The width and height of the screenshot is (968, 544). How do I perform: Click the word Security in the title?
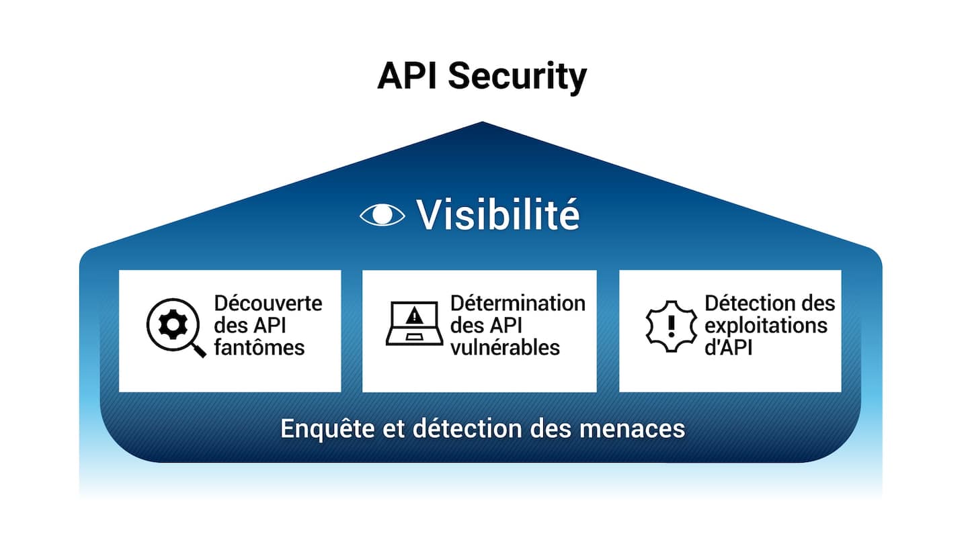click(517, 76)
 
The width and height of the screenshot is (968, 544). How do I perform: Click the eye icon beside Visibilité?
click(382, 214)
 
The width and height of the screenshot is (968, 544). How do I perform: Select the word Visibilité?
click(497, 214)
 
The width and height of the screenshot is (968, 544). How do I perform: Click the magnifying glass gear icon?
click(174, 326)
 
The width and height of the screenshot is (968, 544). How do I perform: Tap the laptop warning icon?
click(415, 324)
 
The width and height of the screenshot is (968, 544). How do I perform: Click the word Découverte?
click(268, 303)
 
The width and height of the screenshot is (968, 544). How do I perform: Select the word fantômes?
click(259, 347)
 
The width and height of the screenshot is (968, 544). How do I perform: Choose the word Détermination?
click(518, 303)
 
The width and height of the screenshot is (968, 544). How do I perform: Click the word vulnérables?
click(505, 347)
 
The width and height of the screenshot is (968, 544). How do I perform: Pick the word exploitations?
click(766, 325)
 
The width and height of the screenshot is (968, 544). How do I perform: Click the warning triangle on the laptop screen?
click(415, 314)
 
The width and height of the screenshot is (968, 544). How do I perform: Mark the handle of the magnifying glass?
click(198, 351)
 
